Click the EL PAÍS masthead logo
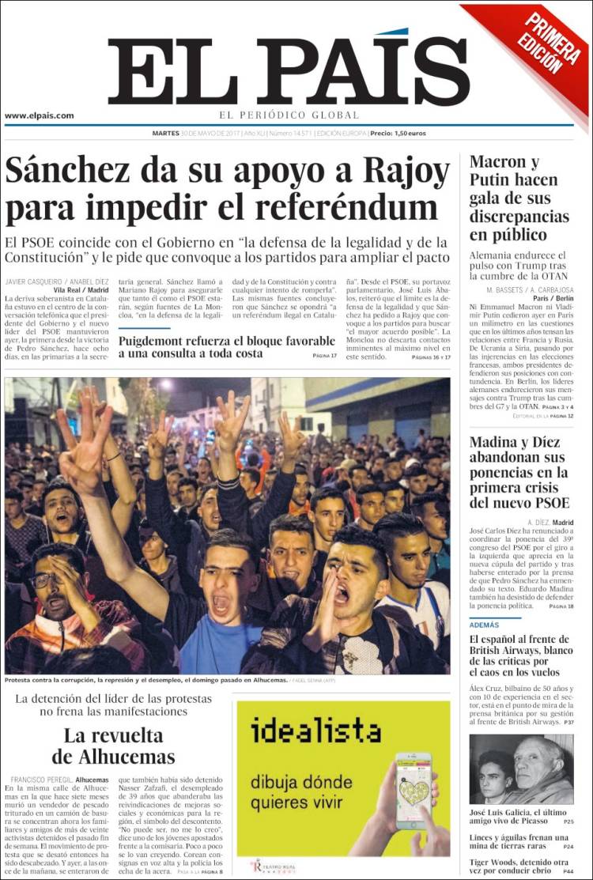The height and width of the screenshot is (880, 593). coord(289,71)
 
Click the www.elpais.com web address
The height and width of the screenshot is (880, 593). coord(40,115)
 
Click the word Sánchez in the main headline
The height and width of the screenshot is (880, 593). coord(72,169)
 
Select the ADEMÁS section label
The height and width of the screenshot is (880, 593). coord(485,624)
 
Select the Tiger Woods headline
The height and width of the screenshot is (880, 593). coord(519,867)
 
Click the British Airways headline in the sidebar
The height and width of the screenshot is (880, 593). coord(519,655)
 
